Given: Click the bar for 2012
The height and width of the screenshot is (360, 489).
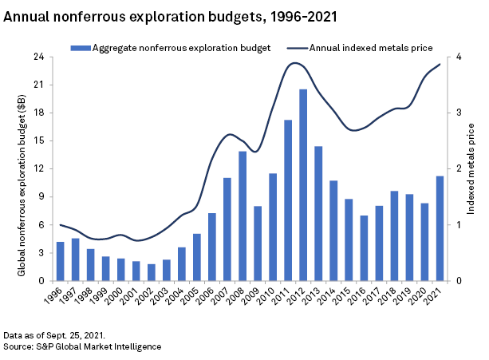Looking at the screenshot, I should [x=303, y=185].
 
